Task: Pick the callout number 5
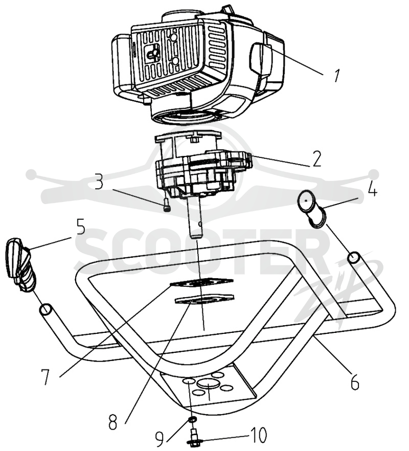(81, 227)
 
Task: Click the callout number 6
(355, 382)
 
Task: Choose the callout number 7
(45, 376)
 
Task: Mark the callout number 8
(113, 422)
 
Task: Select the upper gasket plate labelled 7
(202, 282)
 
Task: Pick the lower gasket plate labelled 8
(204, 299)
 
